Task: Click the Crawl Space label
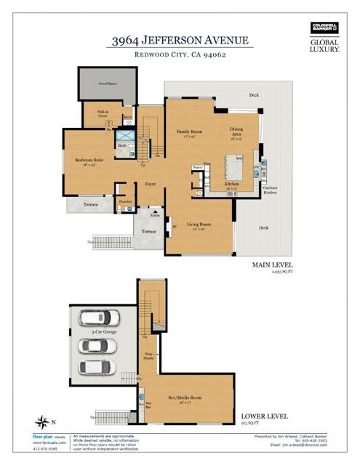[108, 84]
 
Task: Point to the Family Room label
[190, 133]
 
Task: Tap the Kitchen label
[232, 185]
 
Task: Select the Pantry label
[197, 168]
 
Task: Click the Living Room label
[199, 227]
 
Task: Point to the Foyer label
[151, 185]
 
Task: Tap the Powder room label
[125, 201]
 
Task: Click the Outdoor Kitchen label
[271, 191]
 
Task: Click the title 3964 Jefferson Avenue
[180, 41]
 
